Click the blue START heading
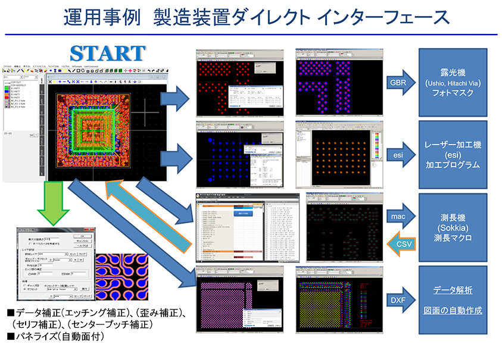point(107,52)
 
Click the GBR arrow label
point(397,82)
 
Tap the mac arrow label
point(398,217)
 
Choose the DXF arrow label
point(397,299)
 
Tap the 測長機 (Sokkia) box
point(452,226)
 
